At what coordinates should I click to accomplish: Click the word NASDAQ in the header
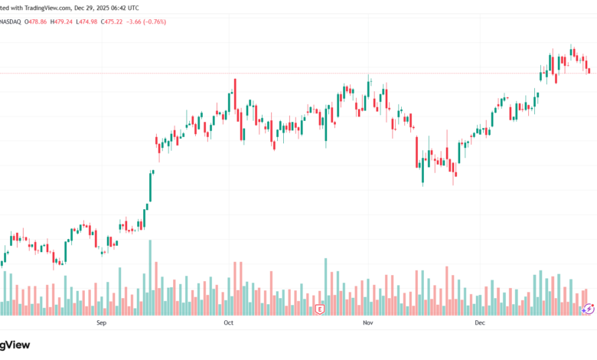11,21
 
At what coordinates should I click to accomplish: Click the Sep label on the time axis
101,323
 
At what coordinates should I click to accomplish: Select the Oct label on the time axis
228,323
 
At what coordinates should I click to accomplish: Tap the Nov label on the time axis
367,323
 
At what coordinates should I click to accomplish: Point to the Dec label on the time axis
480,323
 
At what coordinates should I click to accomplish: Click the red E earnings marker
320,309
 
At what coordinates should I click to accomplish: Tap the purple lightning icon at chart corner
589,309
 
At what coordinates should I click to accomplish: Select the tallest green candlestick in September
151,186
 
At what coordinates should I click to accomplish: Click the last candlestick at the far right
589,71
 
